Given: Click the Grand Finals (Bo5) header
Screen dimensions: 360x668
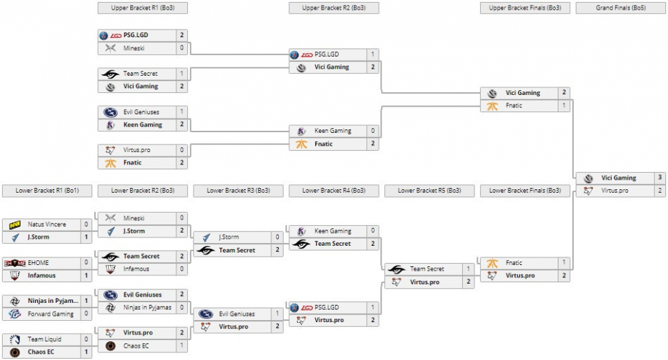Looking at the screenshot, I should [620, 8].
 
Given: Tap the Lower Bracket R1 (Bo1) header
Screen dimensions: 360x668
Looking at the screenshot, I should [46, 191].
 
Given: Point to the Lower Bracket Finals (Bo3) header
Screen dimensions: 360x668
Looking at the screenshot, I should [525, 191].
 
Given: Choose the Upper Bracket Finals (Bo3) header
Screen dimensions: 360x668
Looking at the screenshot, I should [525, 8].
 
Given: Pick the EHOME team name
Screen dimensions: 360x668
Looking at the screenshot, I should [39, 263].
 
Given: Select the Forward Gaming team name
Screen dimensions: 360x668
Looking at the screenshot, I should [51, 314].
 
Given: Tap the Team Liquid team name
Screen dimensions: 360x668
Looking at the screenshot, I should [44, 339].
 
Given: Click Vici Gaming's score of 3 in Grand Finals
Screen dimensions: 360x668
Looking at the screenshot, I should [660, 178].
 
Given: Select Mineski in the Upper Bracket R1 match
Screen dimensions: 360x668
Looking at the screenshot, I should [134, 48].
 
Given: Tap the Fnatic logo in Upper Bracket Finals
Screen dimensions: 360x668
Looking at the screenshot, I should [492, 106].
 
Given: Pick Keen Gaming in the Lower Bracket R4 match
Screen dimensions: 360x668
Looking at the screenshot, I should [333, 231].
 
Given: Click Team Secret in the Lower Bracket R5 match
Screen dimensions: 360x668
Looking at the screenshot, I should [427, 269].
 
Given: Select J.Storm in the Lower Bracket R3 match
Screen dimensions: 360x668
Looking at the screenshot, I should [229, 237].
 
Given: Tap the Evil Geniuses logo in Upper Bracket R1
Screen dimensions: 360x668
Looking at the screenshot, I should [109, 112].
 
